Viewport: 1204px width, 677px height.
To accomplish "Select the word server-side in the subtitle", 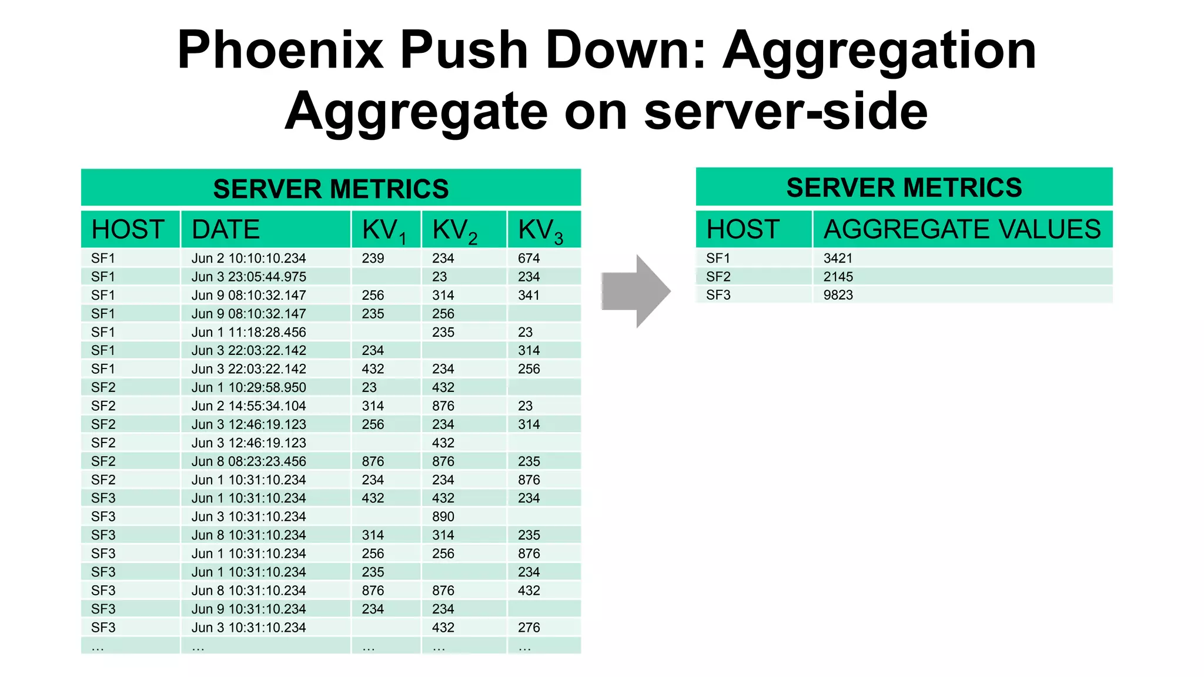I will (x=785, y=112).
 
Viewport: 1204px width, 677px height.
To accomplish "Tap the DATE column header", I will (x=226, y=230).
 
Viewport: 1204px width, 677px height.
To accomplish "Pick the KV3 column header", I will (x=540, y=230).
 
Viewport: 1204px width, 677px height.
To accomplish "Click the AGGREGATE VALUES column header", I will (x=962, y=229).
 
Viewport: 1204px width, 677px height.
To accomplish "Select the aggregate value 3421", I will (x=838, y=258).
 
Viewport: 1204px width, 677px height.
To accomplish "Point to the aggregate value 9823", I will (x=838, y=295).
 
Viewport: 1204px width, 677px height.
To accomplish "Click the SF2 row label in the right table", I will (x=718, y=277).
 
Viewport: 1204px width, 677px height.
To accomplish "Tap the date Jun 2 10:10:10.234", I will (x=249, y=258).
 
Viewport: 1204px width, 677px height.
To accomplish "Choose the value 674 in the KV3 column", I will (x=529, y=258).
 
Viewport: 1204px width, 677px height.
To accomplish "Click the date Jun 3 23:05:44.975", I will (x=249, y=277).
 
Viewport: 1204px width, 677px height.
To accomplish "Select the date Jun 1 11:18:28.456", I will (x=249, y=332).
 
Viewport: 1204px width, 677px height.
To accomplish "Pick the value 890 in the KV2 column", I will (x=443, y=517).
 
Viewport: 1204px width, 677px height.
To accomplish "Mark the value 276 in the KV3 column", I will (x=529, y=628).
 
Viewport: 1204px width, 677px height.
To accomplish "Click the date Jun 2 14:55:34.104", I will (x=249, y=406).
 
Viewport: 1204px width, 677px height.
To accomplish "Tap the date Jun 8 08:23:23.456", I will (x=249, y=461).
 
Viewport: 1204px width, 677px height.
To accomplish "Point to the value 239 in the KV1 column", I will (x=373, y=258).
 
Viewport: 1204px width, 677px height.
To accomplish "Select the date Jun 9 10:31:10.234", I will (x=249, y=609).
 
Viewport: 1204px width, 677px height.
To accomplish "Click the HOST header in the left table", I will (x=128, y=230).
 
